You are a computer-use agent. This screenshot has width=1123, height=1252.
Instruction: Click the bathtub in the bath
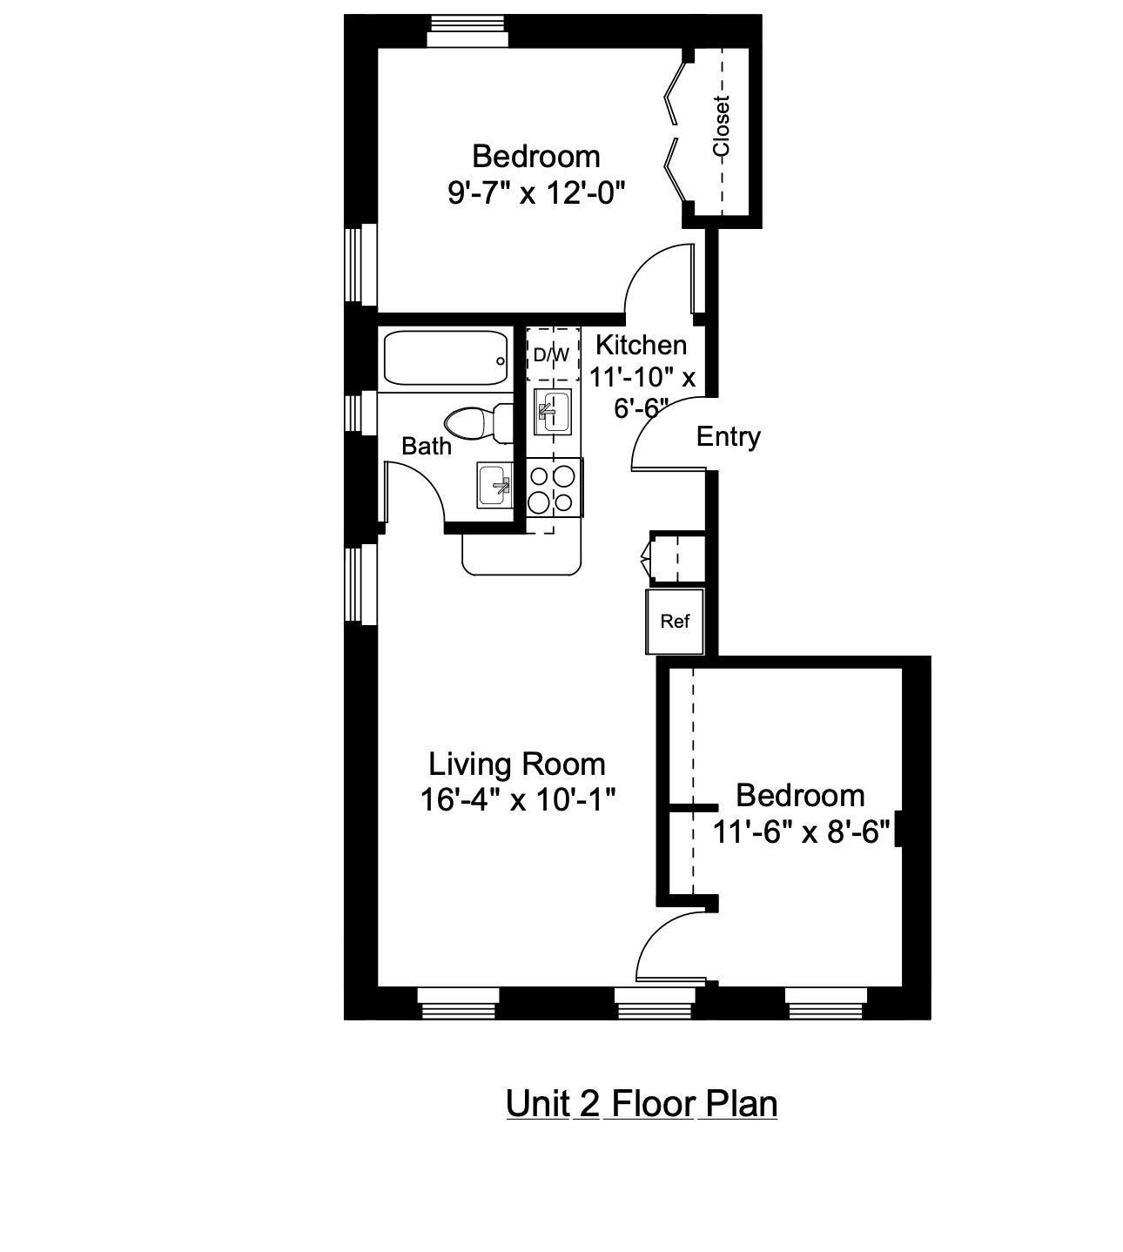click(x=446, y=358)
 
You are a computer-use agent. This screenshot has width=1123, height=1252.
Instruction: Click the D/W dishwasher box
click(x=552, y=354)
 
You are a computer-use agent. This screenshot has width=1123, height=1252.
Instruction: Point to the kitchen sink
click(x=552, y=410)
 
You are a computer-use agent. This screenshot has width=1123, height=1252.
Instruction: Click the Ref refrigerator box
click(x=674, y=622)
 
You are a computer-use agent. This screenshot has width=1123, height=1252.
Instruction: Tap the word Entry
click(x=729, y=437)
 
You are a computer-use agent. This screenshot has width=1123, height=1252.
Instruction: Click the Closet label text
click(x=722, y=127)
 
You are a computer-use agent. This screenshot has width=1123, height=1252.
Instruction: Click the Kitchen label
click(x=641, y=346)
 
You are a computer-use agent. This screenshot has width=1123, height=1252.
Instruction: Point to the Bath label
click(x=427, y=447)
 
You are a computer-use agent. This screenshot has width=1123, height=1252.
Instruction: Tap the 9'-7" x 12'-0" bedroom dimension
click(x=536, y=192)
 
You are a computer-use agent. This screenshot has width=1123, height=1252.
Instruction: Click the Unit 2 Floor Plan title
click(x=642, y=1104)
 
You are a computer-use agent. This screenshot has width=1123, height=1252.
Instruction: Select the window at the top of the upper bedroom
click(x=469, y=32)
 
